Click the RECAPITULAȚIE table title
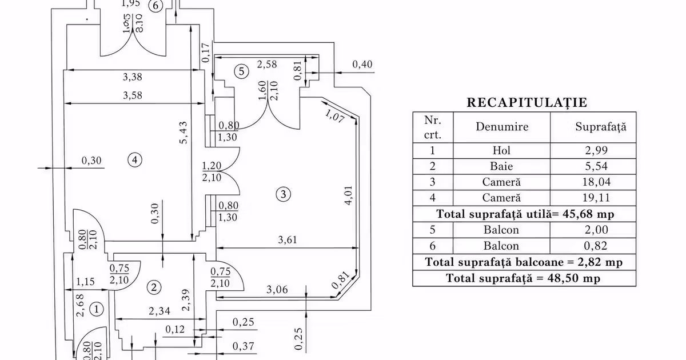527,102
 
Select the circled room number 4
135,160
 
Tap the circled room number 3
283,194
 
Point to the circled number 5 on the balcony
241,71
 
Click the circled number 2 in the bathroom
154,287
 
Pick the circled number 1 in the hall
97,309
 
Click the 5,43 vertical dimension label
184,133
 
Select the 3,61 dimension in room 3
288,239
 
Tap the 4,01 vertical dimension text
348,195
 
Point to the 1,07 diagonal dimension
334,116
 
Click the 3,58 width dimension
132,95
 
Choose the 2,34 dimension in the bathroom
159,311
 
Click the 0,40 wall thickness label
362,64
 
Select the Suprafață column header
601,127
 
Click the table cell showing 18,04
596,182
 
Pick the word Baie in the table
501,166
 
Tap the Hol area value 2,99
596,150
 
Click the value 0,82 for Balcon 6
596,246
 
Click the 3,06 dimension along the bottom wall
277,289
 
